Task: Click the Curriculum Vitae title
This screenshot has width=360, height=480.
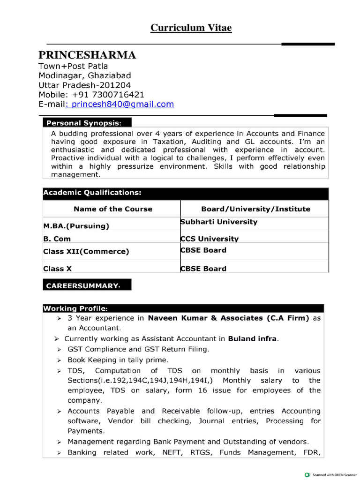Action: click(x=191, y=28)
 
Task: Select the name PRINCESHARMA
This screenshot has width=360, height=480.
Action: click(x=87, y=55)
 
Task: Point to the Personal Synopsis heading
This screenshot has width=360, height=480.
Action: click(x=83, y=123)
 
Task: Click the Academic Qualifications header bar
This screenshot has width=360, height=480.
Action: click(x=186, y=193)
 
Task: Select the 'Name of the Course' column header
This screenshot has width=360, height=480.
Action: click(x=112, y=209)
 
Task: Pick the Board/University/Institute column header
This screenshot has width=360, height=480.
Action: click(x=255, y=209)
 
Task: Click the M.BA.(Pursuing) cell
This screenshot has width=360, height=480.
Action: click(x=76, y=226)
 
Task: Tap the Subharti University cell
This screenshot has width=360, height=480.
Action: click(x=219, y=222)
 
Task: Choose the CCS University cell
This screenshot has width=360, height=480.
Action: click(x=210, y=239)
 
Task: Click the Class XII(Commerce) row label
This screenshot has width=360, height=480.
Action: click(x=86, y=252)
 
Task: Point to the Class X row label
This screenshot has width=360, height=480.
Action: click(x=58, y=269)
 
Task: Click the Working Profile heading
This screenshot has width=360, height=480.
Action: click(x=75, y=308)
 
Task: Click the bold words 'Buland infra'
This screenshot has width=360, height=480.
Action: click(x=253, y=338)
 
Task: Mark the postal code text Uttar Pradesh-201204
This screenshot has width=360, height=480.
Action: click(x=84, y=85)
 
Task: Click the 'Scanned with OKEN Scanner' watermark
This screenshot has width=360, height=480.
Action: click(x=331, y=474)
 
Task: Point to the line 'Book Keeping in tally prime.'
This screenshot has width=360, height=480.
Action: click(x=118, y=360)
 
